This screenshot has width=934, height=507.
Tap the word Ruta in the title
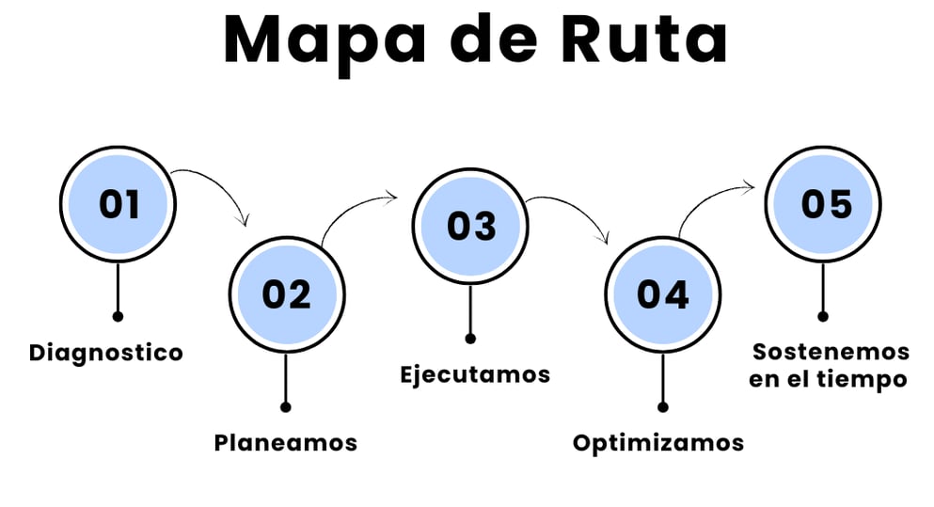click(x=644, y=39)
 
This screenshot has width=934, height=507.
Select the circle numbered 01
click(x=118, y=204)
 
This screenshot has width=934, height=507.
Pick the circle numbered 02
click(x=287, y=294)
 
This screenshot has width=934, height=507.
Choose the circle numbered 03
click(x=470, y=227)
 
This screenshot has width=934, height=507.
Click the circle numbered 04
click(x=663, y=294)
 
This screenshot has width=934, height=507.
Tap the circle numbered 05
click(x=823, y=204)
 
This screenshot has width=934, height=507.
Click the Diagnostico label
click(x=106, y=352)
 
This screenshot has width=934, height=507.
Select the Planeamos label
click(x=286, y=443)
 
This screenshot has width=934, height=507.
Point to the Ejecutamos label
click(x=475, y=374)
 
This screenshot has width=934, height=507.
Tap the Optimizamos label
click(x=658, y=443)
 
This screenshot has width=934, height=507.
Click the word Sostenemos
click(x=831, y=352)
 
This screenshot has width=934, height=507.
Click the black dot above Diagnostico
click(x=118, y=316)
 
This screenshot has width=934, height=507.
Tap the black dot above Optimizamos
click(x=663, y=407)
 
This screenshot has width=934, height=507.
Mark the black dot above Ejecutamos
click(x=470, y=339)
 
